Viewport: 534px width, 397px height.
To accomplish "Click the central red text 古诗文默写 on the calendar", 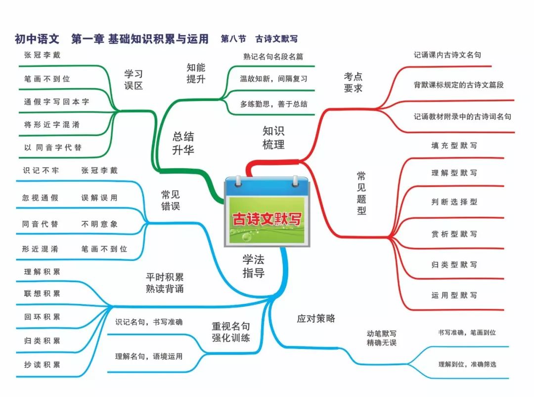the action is pos(267,219).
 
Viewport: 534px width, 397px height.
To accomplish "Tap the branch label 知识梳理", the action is pos(273,138).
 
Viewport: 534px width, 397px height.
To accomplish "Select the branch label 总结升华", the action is pos(183,143).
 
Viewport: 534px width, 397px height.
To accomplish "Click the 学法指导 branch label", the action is pos(254,266).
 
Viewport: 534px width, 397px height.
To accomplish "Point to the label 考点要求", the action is pos(353,82).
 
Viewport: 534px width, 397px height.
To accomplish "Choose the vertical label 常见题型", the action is pos(361,193).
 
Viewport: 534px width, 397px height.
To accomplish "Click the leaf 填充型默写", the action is pos(454,146).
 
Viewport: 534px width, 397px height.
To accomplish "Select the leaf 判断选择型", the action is pos(454,202).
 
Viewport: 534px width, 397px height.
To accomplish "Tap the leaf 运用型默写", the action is pos(454,296).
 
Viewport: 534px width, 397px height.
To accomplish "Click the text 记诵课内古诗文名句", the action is pos(447,55).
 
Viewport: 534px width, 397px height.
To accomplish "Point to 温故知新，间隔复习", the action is pos(273,79).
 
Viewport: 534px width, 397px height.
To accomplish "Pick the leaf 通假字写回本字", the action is pos(56,101).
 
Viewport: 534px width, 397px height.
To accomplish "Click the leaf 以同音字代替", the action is pos(53,148).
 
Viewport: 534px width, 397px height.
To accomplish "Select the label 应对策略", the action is pos(316,319).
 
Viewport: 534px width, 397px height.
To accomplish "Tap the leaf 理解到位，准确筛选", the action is pos(467,364).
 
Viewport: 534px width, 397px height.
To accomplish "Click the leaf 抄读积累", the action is pos(42,365).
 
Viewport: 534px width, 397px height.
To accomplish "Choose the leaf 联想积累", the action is pos(42,294).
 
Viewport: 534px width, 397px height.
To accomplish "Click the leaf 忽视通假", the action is pos(40,198).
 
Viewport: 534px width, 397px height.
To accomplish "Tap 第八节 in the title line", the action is pos(233,39).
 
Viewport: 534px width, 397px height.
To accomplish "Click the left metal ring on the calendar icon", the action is pos(238,181).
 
